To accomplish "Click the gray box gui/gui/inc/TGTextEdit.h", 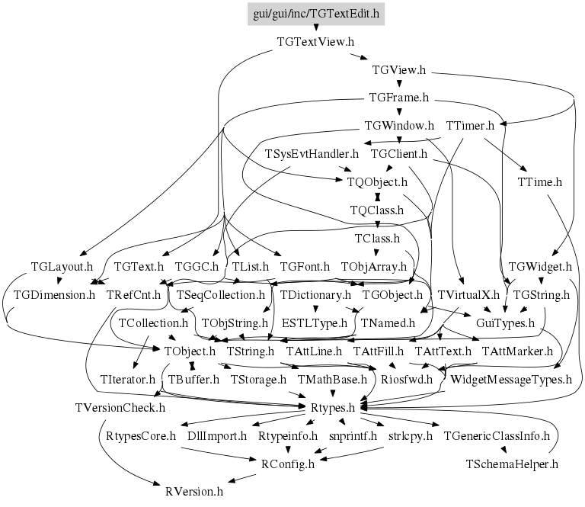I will tap(316, 13).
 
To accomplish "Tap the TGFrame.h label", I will tap(399, 98).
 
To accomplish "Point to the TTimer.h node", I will tap(471, 125).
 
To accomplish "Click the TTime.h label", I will tap(539, 182).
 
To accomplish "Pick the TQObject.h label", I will tap(378, 182).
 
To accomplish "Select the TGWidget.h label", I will tap(539, 267).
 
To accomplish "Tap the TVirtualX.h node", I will tap(468, 294).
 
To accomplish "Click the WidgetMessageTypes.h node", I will tap(511, 379).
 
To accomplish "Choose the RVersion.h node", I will tap(194, 491).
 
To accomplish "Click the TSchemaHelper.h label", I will tap(513, 463).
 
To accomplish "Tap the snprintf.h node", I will tap(353, 436).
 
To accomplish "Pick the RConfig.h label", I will tap(287, 463).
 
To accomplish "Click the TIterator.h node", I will tap(128, 379).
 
